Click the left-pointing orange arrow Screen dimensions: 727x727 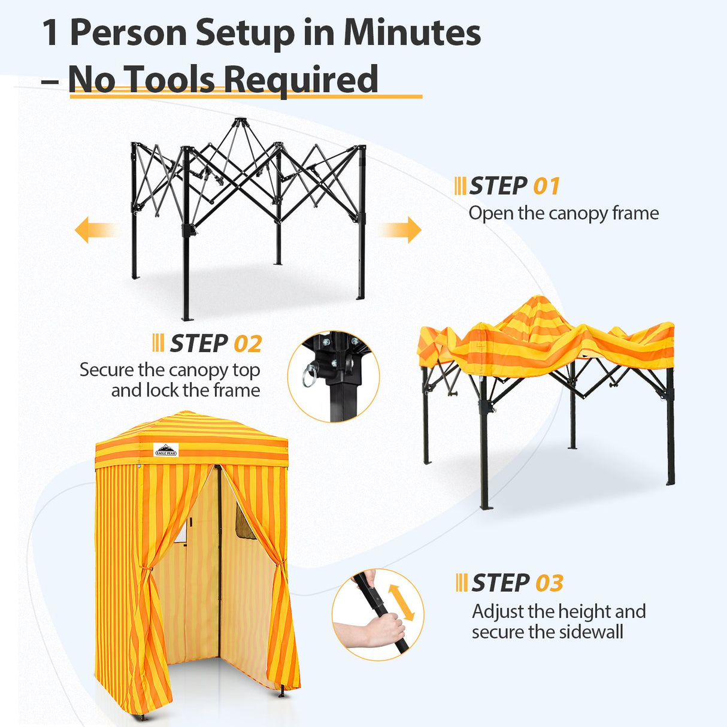[93, 230]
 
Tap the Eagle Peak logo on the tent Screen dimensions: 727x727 [166, 450]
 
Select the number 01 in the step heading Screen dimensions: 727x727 [546, 186]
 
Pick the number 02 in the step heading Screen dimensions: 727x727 [247, 344]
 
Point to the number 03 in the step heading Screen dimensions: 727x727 [549, 583]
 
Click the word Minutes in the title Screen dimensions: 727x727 [411, 32]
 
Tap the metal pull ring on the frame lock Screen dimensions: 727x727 [310, 375]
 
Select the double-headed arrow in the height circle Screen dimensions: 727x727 [401, 602]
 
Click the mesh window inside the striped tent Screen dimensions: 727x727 [245, 522]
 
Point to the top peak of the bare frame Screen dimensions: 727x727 [240, 122]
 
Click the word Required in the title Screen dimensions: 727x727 [300, 79]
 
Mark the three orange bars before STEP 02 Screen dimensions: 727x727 [158, 344]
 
